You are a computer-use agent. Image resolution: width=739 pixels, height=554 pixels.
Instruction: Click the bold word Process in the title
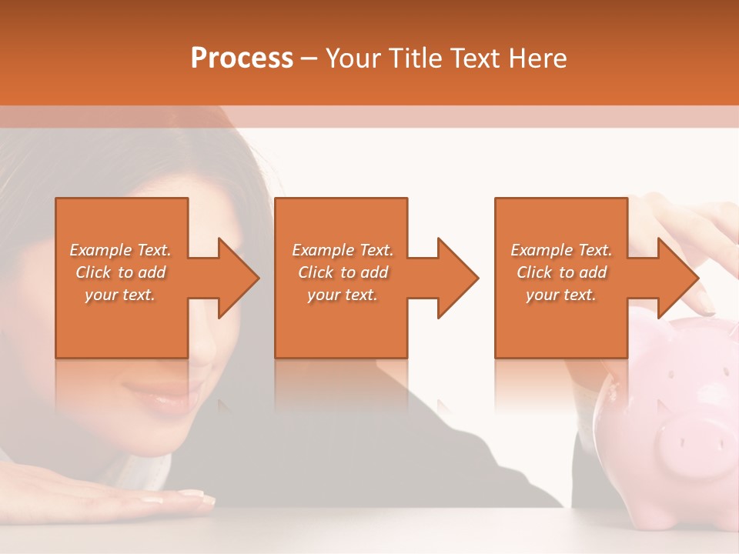pyautogui.click(x=242, y=58)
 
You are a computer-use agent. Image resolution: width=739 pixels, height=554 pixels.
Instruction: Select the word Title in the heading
pyautogui.click(x=413, y=58)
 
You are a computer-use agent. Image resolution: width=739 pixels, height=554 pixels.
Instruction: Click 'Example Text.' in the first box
pyautogui.click(x=121, y=250)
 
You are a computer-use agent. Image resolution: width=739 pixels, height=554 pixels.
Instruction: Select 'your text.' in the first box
pyautogui.click(x=121, y=295)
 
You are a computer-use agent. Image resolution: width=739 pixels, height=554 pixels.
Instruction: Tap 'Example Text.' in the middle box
pyautogui.click(x=343, y=250)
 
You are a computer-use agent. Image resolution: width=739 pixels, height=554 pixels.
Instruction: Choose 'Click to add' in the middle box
pyautogui.click(x=343, y=272)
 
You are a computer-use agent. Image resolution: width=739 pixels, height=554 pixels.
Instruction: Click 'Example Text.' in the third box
pyautogui.click(x=561, y=250)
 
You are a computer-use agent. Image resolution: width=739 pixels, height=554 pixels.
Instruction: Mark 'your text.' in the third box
pyautogui.click(x=561, y=295)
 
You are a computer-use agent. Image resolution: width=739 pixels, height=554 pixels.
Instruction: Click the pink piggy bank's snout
pyautogui.click(x=693, y=442)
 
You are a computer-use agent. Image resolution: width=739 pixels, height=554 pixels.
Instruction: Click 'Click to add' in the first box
pyautogui.click(x=121, y=272)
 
